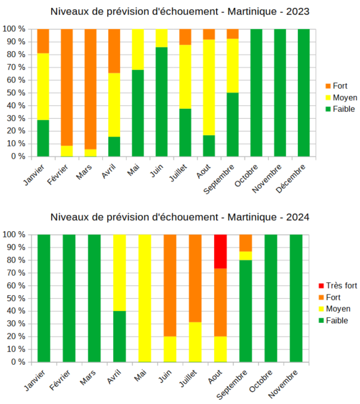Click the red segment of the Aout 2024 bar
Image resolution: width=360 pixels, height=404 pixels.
pyautogui.click(x=220, y=251)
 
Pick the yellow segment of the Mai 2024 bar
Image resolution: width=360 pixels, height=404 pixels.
pyautogui.click(x=145, y=298)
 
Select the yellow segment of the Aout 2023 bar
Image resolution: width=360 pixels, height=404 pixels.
pyautogui.click(x=209, y=87)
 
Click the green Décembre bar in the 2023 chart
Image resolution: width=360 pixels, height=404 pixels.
pyautogui.click(x=304, y=92)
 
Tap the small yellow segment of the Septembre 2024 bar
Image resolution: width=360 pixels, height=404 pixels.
pyautogui.click(x=246, y=256)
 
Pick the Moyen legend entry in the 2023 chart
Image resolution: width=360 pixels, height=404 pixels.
pyautogui.click(x=340, y=97)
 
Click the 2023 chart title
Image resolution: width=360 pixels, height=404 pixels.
pyautogui.click(x=180, y=11)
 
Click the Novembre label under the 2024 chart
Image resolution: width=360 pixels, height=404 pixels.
pyautogui.click(x=289, y=382)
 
